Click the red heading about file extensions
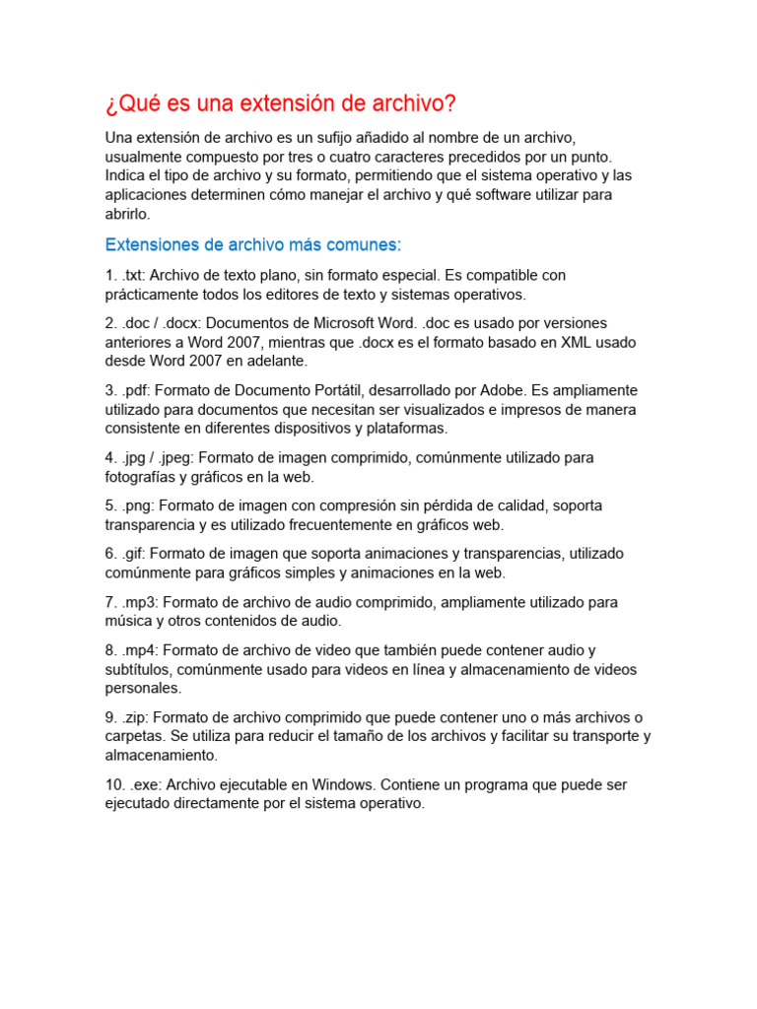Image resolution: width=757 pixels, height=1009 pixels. click(281, 103)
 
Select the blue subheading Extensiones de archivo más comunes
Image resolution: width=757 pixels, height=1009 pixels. click(253, 244)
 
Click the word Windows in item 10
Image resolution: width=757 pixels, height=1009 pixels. click(339, 785)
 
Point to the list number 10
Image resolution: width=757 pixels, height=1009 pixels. click(115, 785)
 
